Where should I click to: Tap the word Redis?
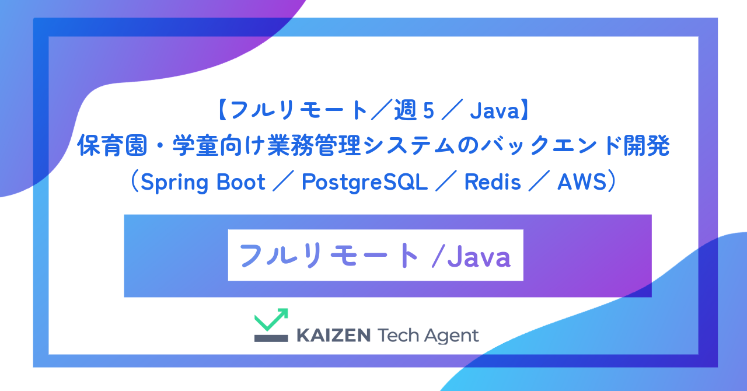pos(492,183)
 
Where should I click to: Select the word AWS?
pos(583,183)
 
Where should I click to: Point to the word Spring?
pos(178,183)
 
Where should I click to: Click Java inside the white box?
pos(479,257)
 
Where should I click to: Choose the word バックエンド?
pos(566,147)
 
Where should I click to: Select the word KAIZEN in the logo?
pos(333,336)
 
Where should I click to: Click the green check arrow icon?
pos(271,320)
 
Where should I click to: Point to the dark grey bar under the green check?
pos(271,338)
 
